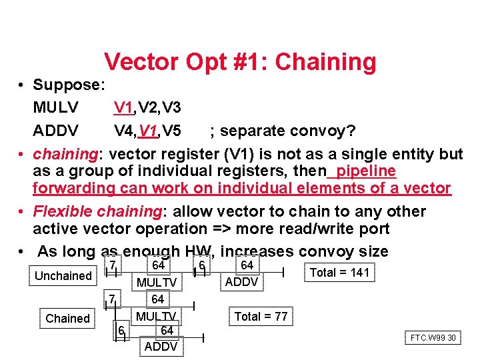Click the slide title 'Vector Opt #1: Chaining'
point(240,62)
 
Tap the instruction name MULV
point(55,107)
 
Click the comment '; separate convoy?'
point(283,129)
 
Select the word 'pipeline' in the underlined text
point(366,171)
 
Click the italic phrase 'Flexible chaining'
point(96,211)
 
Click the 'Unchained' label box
point(63,276)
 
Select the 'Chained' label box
point(67,319)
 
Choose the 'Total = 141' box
point(340,273)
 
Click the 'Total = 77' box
point(261,317)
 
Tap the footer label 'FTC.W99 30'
point(433,338)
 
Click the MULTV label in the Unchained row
point(157,283)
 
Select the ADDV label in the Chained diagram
point(161,347)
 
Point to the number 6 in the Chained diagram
point(121,331)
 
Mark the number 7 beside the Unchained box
point(113,266)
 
